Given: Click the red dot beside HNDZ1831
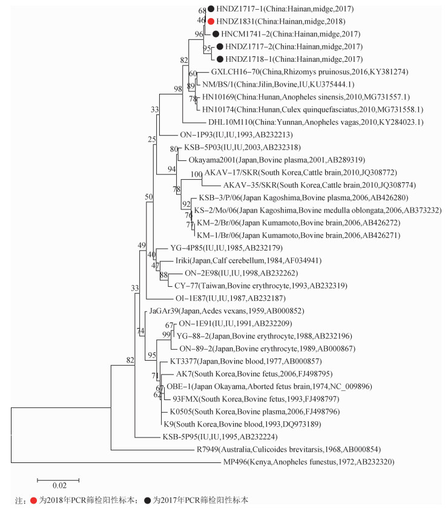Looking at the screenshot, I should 211,21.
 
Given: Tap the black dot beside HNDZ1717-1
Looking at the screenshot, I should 211,9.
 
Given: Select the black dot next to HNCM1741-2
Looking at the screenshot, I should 216,34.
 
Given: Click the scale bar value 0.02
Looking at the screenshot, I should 59,485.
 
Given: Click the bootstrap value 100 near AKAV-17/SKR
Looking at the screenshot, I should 195,174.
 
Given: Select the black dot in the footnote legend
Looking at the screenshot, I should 148,501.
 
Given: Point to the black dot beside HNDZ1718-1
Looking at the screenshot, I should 219,59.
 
